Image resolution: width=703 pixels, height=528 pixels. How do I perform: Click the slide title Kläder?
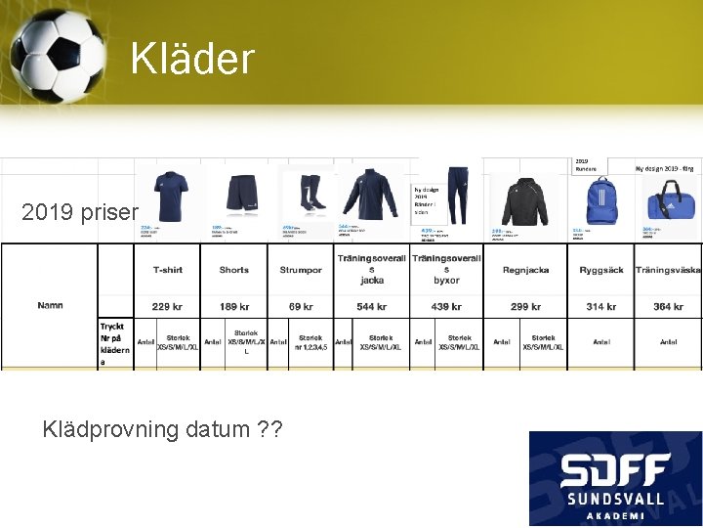[192, 59]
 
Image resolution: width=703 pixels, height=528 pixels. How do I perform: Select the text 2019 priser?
[81, 211]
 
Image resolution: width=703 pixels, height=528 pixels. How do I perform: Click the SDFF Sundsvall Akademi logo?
[614, 478]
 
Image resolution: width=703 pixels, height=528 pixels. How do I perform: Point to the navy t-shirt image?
[173, 192]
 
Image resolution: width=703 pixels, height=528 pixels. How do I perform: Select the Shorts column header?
[234, 270]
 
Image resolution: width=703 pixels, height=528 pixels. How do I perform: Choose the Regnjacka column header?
[525, 270]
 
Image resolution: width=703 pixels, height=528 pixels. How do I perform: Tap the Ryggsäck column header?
[600, 270]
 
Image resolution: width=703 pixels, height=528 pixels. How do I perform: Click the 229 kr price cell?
[168, 307]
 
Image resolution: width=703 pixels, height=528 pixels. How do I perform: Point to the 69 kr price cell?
[301, 307]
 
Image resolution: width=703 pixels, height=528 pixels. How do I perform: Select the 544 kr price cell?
[372, 307]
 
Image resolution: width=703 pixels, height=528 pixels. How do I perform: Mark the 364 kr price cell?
[668, 307]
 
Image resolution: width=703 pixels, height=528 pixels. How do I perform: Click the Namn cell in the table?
[50, 306]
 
